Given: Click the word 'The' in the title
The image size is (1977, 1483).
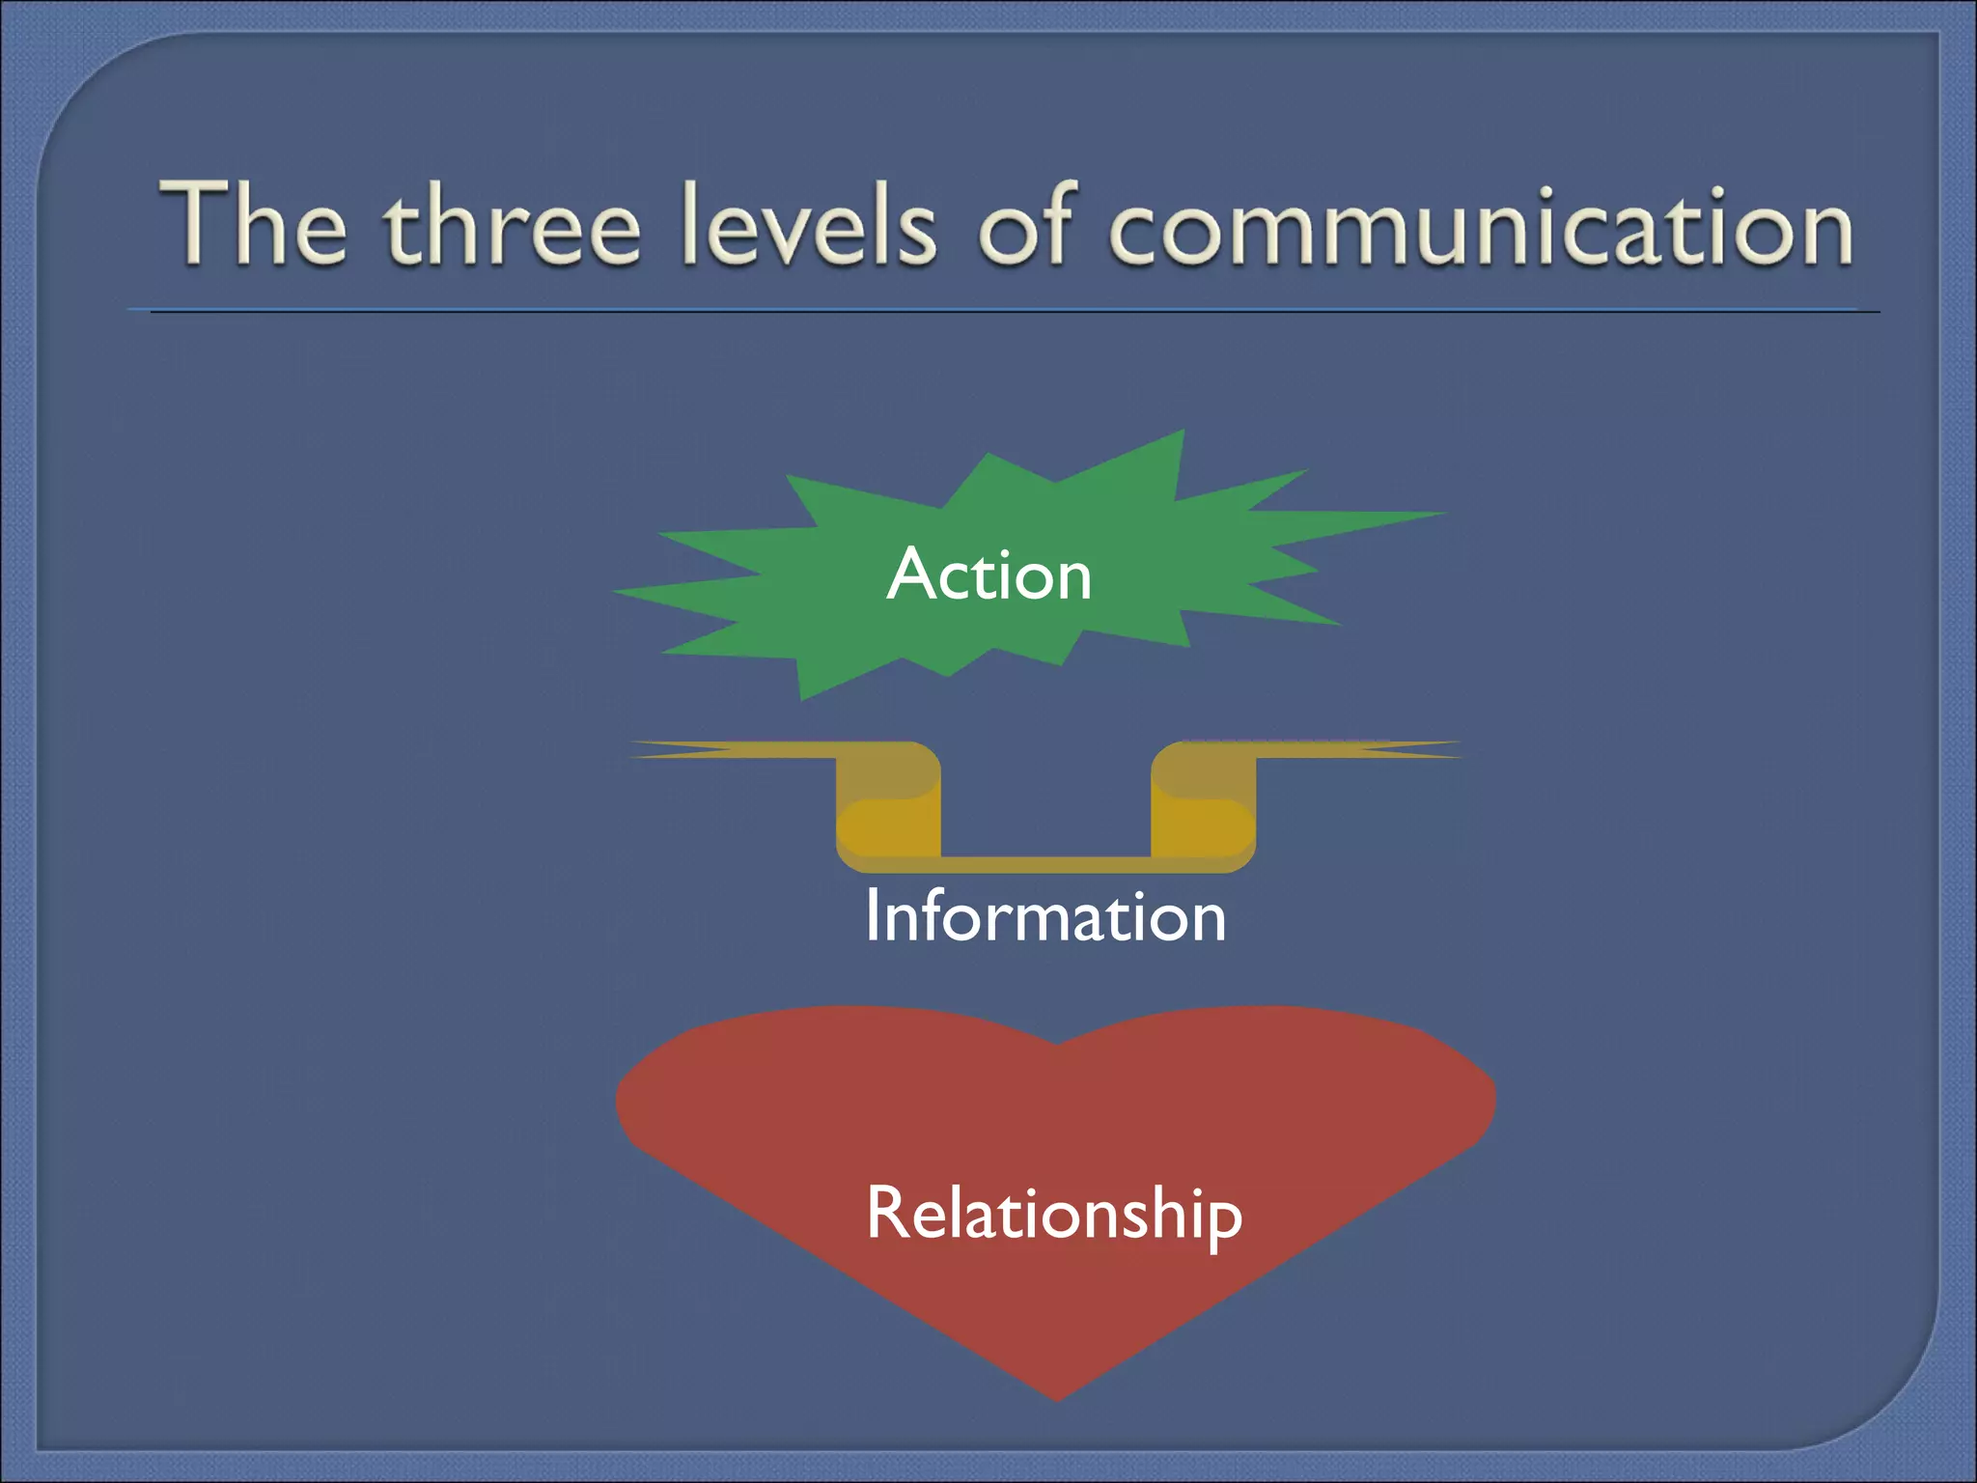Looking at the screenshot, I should [254, 224].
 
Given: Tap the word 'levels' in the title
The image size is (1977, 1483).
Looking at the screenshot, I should [808, 224].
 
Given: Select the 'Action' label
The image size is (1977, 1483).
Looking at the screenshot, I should [988, 574].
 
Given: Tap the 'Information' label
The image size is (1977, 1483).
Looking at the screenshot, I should [1045, 915].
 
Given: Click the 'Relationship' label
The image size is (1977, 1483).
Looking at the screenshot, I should [1054, 1213].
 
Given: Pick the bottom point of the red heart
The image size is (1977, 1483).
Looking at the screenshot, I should [1057, 1398].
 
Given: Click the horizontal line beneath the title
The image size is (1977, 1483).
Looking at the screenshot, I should [1004, 311].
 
